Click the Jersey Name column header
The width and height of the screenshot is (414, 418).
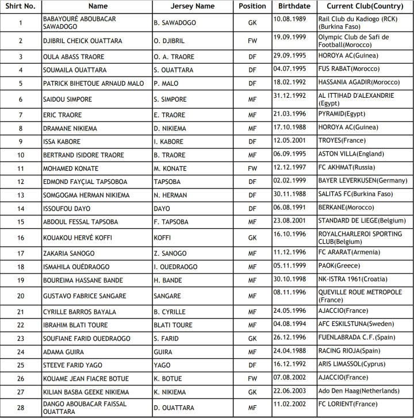click(x=193, y=6)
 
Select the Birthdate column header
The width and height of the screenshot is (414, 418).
click(x=294, y=6)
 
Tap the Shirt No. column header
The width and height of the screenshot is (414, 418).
click(x=21, y=6)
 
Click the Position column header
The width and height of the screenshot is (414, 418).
click(x=252, y=6)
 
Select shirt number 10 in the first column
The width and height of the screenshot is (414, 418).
click(x=21, y=155)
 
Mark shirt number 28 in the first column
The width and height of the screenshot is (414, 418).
click(x=21, y=408)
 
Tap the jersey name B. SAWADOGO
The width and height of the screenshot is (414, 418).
click(x=175, y=23)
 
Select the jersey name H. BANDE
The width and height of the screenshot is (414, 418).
click(x=170, y=281)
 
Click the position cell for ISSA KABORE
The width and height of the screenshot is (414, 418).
click(x=252, y=141)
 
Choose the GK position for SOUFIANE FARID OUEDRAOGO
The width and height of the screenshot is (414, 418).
click(x=252, y=339)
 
